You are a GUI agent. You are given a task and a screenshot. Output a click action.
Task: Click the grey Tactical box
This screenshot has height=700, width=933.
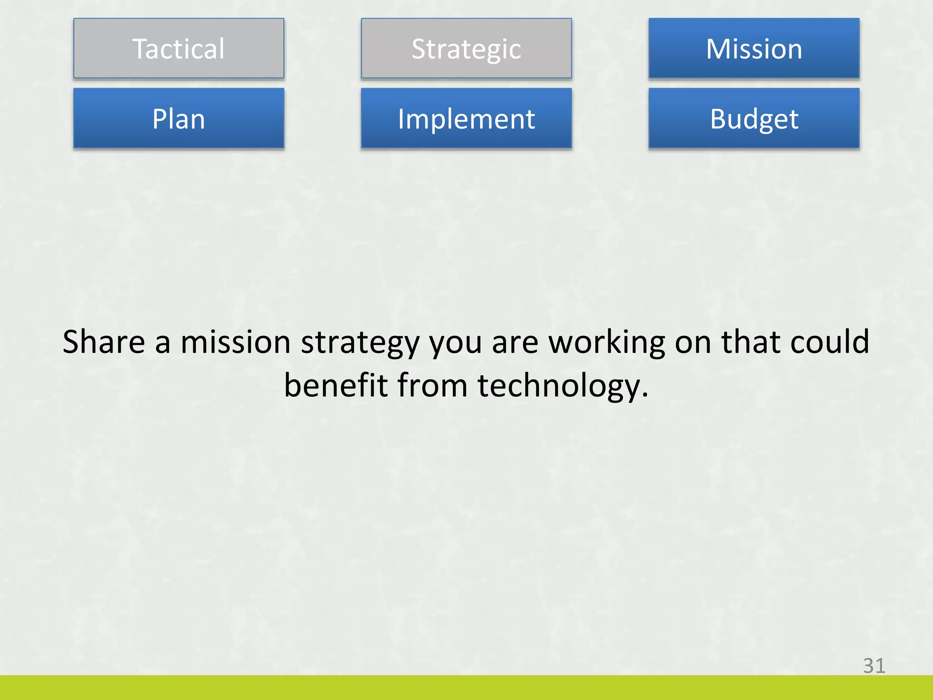click(179, 48)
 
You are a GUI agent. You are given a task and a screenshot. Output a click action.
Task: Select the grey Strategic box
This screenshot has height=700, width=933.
click(466, 48)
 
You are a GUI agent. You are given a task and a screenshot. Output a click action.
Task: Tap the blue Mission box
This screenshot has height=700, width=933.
click(754, 48)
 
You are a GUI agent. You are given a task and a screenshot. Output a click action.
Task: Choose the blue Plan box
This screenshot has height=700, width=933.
click(179, 118)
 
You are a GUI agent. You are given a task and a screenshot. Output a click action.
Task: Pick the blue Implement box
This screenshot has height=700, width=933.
click(466, 118)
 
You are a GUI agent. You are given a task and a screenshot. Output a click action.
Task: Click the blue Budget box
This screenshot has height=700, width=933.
click(754, 118)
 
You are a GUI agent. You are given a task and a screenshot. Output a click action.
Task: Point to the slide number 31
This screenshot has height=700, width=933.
click(874, 666)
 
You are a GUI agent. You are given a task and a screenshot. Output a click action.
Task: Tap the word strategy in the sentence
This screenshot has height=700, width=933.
click(360, 343)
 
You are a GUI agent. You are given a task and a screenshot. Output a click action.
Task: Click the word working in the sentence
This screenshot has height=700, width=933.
click(606, 343)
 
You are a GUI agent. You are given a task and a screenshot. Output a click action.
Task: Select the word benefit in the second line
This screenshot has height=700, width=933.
click(336, 386)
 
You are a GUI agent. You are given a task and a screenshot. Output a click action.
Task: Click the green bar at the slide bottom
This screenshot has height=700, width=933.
click(466, 687)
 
